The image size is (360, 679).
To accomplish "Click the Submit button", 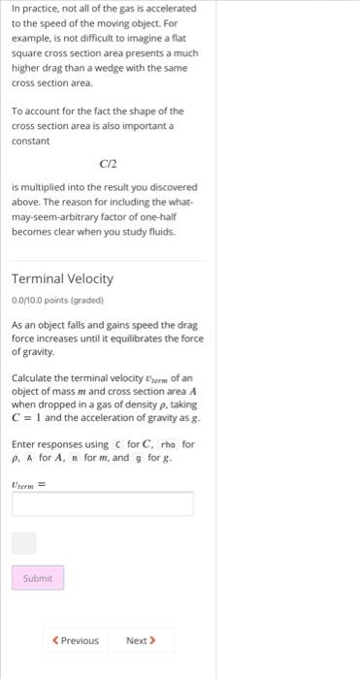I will [x=38, y=578].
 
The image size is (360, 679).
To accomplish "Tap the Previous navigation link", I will [x=76, y=640].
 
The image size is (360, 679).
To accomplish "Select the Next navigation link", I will [x=141, y=640].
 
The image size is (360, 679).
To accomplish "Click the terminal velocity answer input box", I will [x=103, y=504].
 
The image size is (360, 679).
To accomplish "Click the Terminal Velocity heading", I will [x=62, y=278].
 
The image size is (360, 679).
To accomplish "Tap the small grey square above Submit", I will [x=24, y=543].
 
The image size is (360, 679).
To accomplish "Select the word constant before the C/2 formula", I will [x=30, y=142].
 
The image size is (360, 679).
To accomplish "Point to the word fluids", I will [x=157, y=233].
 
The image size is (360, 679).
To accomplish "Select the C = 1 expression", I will [x=31, y=417].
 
